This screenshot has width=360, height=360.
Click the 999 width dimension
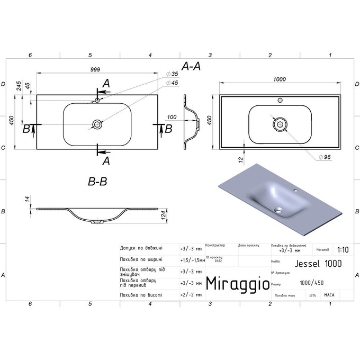[x=95, y=70]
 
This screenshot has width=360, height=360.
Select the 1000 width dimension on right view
[x=280, y=79]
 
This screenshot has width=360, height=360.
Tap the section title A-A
[x=190, y=66]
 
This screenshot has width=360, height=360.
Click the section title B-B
[x=97, y=182]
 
